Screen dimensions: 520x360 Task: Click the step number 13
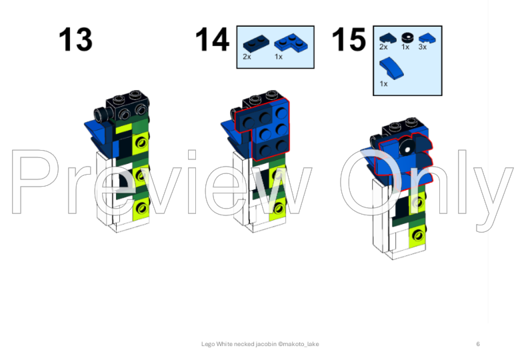[75, 40]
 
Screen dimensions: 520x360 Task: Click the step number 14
[212, 40]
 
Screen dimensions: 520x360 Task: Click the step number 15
[349, 40]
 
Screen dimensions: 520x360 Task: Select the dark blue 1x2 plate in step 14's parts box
[254, 44]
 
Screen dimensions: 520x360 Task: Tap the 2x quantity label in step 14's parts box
[247, 57]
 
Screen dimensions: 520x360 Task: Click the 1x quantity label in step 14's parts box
[279, 57]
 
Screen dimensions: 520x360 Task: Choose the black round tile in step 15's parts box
[407, 38]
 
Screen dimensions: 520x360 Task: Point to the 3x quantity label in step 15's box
[423, 47]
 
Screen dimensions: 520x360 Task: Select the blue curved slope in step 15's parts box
[391, 68]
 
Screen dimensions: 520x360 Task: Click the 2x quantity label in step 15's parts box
[383, 47]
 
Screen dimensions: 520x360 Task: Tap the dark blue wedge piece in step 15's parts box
[388, 38]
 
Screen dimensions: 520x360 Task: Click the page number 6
[478, 344]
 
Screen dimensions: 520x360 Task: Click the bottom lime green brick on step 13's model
[141, 208]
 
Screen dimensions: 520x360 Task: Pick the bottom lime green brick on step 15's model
[417, 235]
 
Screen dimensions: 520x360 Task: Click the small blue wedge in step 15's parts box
[427, 39]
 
